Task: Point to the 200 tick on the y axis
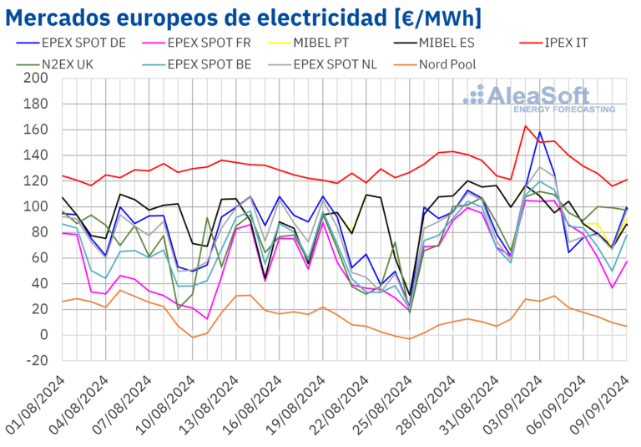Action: point(37,79)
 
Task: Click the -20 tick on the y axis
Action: point(37,361)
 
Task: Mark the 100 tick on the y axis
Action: point(37,206)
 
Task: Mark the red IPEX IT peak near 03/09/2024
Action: point(525,126)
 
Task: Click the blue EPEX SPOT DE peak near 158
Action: point(540,132)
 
